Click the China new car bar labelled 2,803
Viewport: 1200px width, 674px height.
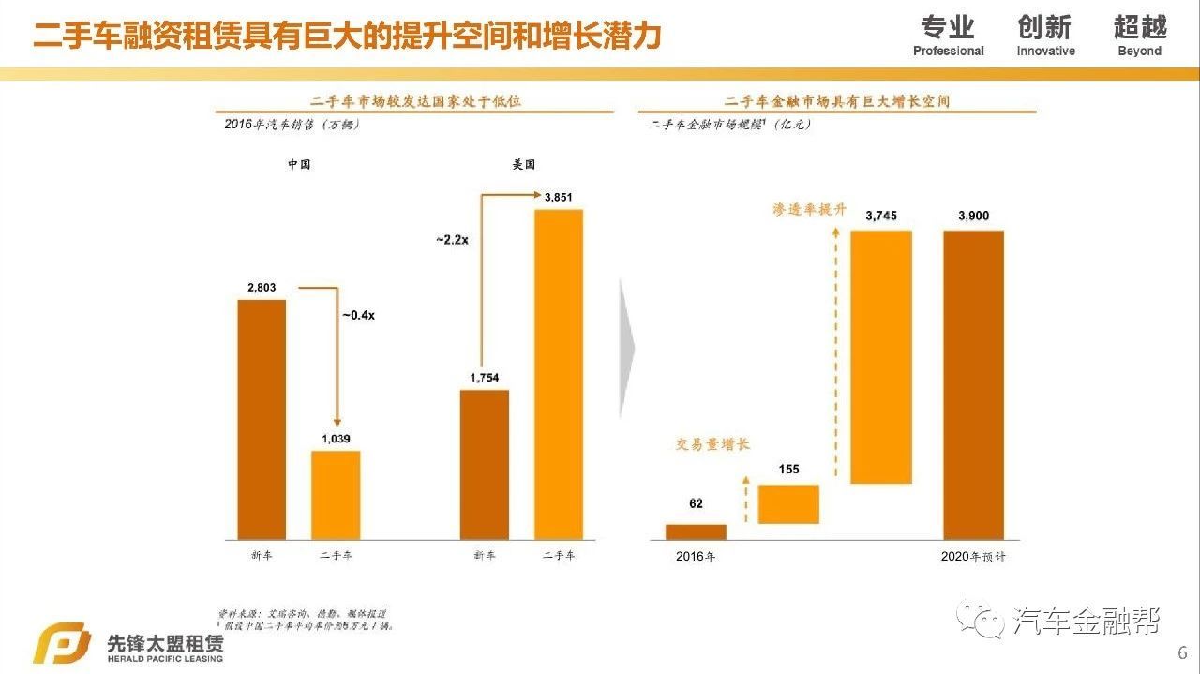pyautogui.click(x=262, y=419)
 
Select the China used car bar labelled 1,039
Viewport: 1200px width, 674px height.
pyautogui.click(x=336, y=495)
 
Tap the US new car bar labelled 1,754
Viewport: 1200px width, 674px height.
pyautogui.click(x=484, y=464)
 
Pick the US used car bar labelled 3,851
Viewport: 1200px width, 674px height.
pyautogui.click(x=558, y=374)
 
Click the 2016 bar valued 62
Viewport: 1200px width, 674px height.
pyautogui.click(x=696, y=532)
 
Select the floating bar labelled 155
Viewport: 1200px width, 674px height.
pyautogui.click(x=788, y=504)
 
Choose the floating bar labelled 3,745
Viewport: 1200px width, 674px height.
pyautogui.click(x=880, y=356)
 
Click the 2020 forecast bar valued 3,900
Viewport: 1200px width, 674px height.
pyautogui.click(x=973, y=384)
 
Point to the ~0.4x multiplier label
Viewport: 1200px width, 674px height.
pyautogui.click(x=358, y=315)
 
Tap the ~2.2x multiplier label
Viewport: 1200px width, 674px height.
pyautogui.click(x=452, y=240)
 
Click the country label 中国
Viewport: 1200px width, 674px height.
pyautogui.click(x=299, y=164)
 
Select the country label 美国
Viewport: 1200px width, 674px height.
pyautogui.click(x=523, y=164)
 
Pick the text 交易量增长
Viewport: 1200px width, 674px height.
pyautogui.click(x=713, y=444)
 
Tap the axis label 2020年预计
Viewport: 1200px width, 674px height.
pyautogui.click(x=973, y=557)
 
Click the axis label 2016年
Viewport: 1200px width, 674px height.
pyautogui.click(x=696, y=557)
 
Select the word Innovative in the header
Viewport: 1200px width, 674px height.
pyautogui.click(x=1045, y=52)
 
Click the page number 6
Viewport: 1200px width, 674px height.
pyautogui.click(x=1182, y=652)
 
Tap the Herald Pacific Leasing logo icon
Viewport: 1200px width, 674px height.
pyautogui.click(x=62, y=645)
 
